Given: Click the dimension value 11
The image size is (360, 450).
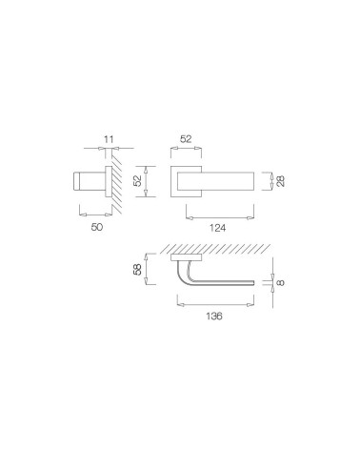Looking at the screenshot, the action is [x=109, y=139].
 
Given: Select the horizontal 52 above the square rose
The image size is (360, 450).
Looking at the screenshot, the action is [x=186, y=139].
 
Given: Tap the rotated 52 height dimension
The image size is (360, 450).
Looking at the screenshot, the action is [x=138, y=181].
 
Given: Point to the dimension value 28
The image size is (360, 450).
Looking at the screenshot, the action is [x=281, y=181].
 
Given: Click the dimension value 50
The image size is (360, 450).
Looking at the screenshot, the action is [x=97, y=227].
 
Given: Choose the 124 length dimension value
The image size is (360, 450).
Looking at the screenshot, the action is [x=217, y=228].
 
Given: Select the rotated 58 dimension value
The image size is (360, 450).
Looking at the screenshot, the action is [x=138, y=270].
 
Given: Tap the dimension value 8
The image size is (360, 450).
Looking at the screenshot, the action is [x=281, y=282].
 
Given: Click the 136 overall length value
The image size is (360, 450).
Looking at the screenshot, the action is [x=214, y=316].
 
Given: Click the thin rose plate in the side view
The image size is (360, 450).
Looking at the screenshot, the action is [x=109, y=181].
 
